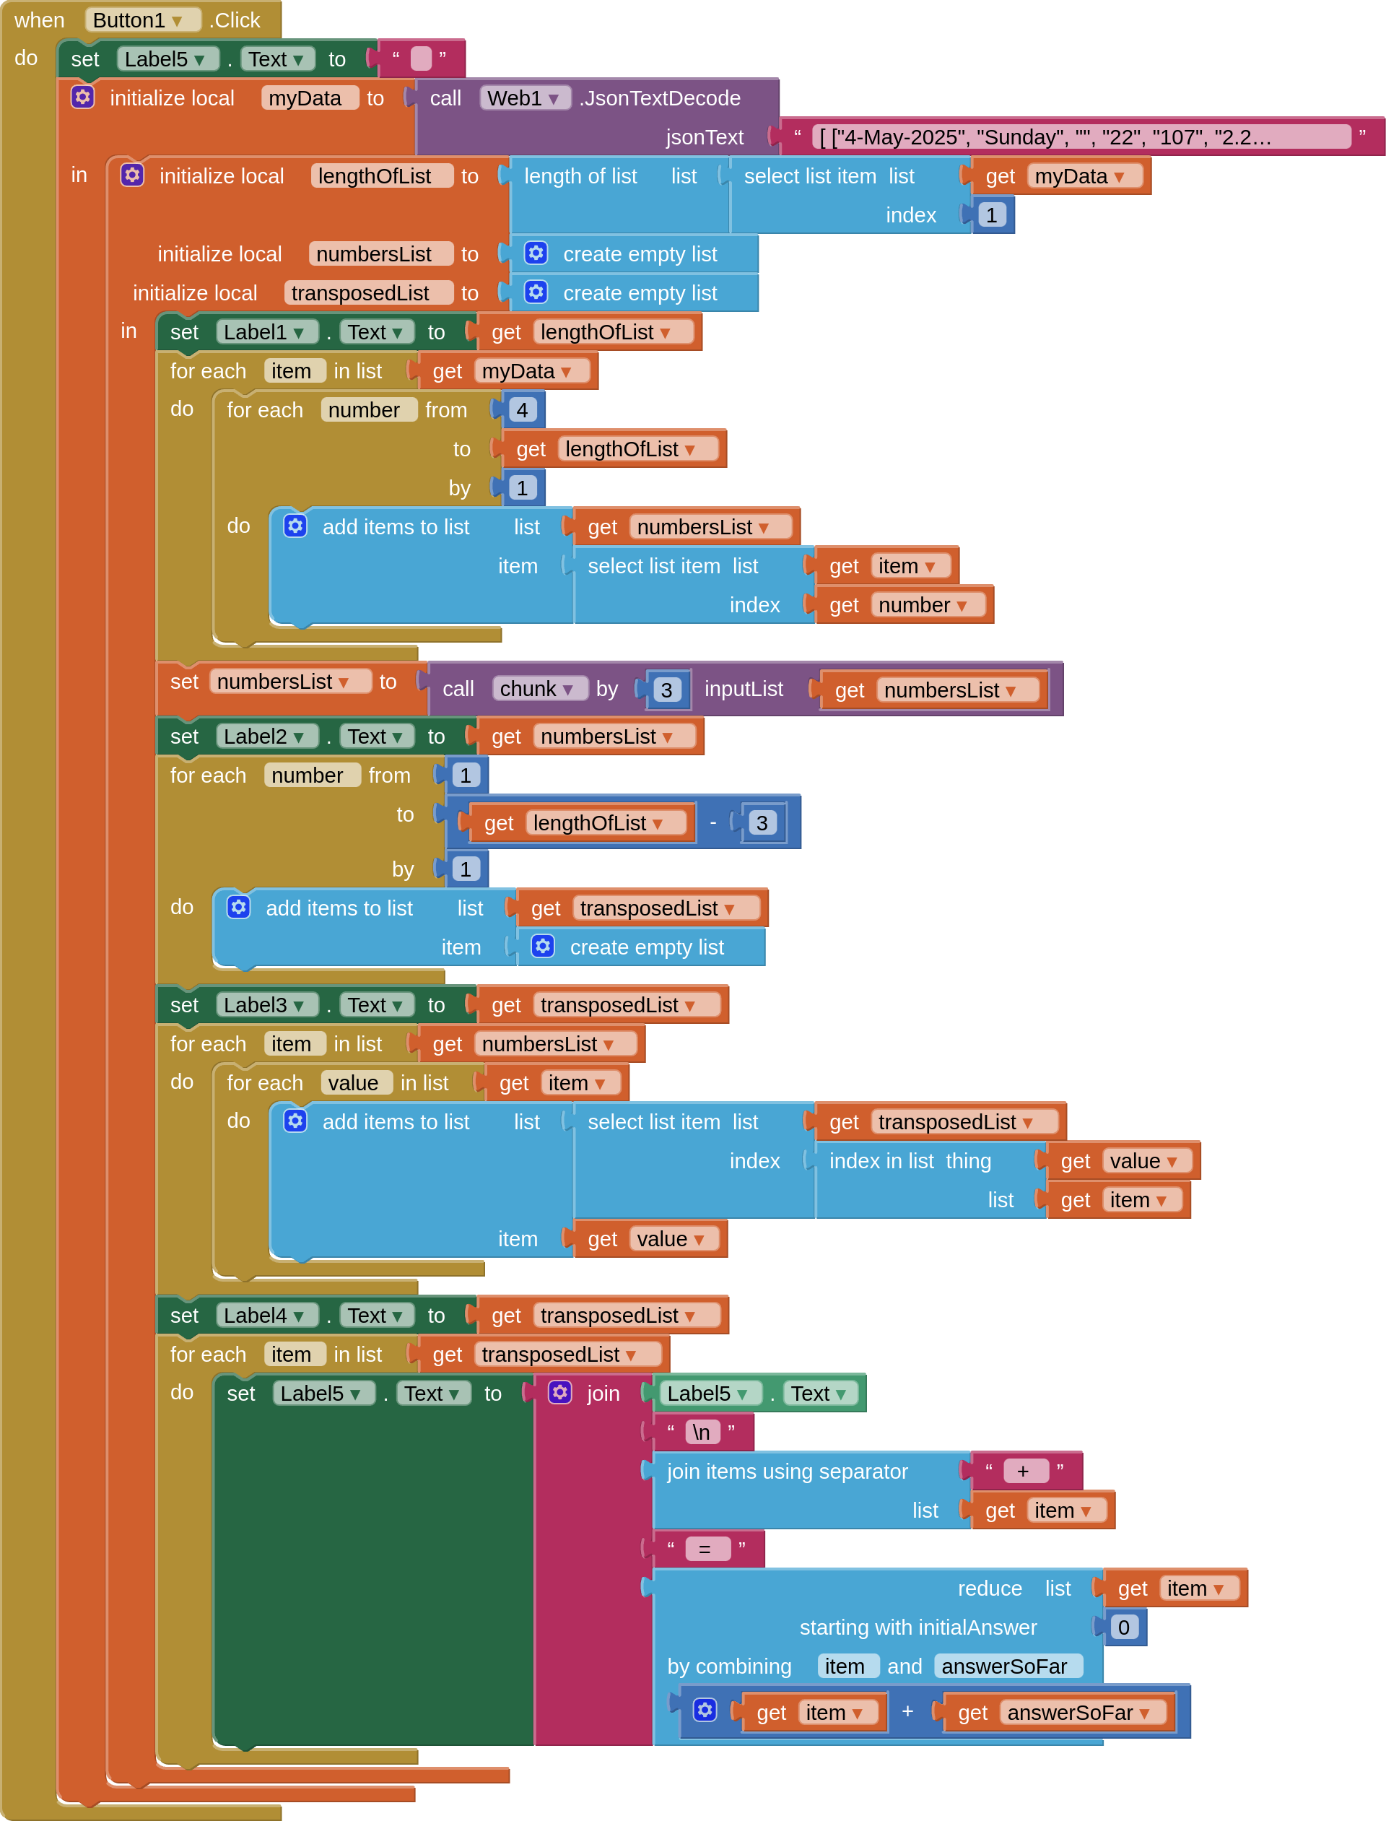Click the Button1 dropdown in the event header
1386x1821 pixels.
point(143,19)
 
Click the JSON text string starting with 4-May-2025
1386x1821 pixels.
point(1081,137)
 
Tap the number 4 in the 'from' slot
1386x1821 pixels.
point(522,410)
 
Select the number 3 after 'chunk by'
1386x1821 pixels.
point(666,690)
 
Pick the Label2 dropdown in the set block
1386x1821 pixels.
point(266,736)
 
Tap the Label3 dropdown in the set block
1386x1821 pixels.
point(266,1005)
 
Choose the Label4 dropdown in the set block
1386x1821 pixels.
point(266,1316)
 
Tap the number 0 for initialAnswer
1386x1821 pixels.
point(1124,1627)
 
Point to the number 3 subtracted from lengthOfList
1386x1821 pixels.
point(762,822)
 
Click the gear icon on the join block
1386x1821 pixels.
point(560,1393)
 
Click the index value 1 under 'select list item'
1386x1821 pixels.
point(991,215)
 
